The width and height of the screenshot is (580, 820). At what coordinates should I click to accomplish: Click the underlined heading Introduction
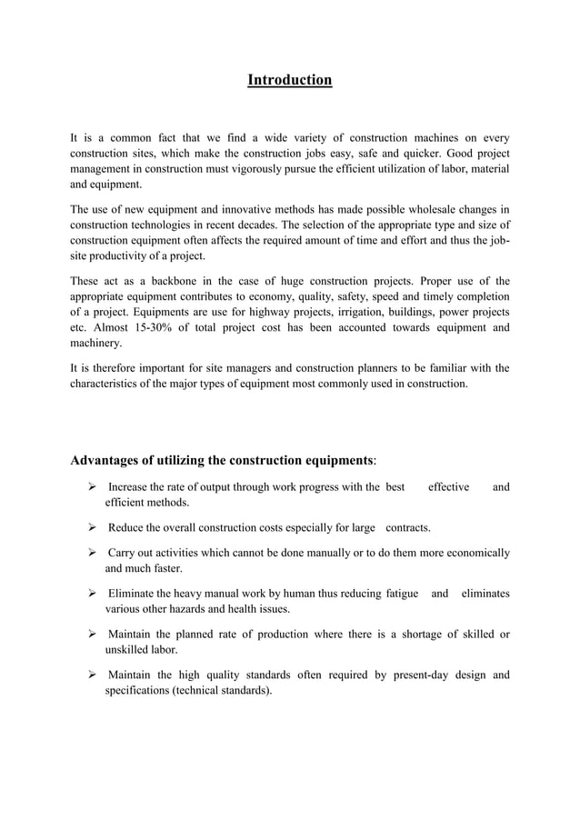point(290,81)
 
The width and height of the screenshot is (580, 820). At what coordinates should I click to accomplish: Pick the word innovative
point(230,212)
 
